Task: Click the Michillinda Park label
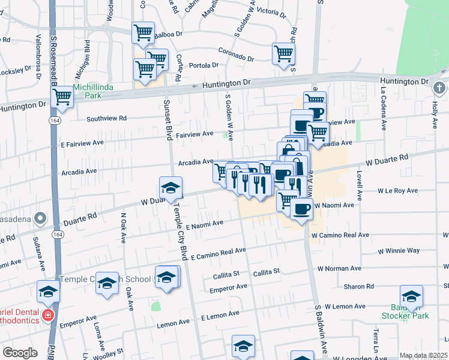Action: (x=89, y=91)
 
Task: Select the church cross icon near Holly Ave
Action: (x=439, y=88)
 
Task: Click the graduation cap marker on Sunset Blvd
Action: (x=170, y=187)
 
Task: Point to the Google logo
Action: (x=19, y=353)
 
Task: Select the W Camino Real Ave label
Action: (x=340, y=236)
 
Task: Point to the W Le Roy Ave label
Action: (x=397, y=191)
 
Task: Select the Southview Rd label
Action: (x=107, y=119)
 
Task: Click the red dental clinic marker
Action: (x=47, y=315)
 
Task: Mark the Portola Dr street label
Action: (x=201, y=65)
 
